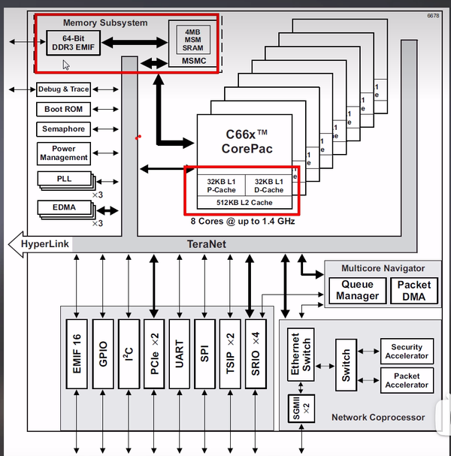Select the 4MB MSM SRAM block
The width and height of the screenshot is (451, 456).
pyautogui.click(x=188, y=38)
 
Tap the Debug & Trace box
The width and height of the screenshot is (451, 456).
pyautogui.click(x=64, y=89)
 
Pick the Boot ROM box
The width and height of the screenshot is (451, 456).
pyautogui.click(x=64, y=110)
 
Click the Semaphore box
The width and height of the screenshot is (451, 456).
pyautogui.click(x=64, y=129)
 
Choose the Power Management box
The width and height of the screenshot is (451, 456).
pyautogui.click(x=64, y=153)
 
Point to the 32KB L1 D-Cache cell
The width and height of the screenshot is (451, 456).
pyautogui.click(x=268, y=186)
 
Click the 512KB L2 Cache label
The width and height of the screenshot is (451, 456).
pyautogui.click(x=244, y=202)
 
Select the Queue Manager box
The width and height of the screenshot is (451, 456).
pyautogui.click(x=358, y=290)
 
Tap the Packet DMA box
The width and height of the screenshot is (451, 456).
pyautogui.click(x=413, y=290)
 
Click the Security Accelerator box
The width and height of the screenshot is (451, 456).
pyautogui.click(x=407, y=352)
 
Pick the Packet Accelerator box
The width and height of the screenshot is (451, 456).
pyautogui.click(x=407, y=380)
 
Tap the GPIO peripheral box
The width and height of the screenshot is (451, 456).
pyautogui.click(x=104, y=352)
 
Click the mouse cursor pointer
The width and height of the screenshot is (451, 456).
pyautogui.click(x=66, y=65)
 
